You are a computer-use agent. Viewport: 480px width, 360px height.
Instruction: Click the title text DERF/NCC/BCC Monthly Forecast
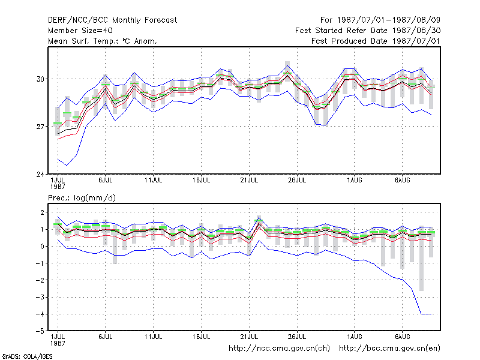pyautogui.click(x=112, y=20)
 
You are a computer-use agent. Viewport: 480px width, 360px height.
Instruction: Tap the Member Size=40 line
pyautogui.click(x=80, y=31)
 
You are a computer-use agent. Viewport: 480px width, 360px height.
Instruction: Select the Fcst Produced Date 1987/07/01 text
pyautogui.click(x=376, y=41)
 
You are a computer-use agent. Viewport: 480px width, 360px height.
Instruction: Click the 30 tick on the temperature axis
pyautogui.click(x=40, y=79)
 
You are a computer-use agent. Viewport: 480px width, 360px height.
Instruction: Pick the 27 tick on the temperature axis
pyautogui.click(x=40, y=127)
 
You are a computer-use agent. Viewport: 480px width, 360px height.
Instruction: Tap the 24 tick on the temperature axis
pyautogui.click(x=40, y=174)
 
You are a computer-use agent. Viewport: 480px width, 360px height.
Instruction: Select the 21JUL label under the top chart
pyautogui.click(x=249, y=181)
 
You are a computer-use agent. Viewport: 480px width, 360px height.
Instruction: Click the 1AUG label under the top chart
pyautogui.click(x=355, y=181)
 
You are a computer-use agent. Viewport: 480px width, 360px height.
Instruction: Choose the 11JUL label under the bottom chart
pyautogui.click(x=154, y=337)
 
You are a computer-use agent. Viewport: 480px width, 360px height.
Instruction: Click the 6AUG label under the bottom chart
pyautogui.click(x=402, y=337)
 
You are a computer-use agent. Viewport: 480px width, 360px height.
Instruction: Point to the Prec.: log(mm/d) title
pyautogui.click(x=82, y=198)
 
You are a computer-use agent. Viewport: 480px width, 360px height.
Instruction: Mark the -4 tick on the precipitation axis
pyautogui.click(x=40, y=314)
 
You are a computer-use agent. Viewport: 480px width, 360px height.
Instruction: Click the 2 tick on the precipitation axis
pyautogui.click(x=42, y=212)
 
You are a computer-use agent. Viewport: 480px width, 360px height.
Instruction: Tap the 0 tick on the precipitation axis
pyautogui.click(x=42, y=246)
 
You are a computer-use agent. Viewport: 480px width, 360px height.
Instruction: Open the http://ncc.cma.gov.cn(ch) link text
pyautogui.click(x=279, y=349)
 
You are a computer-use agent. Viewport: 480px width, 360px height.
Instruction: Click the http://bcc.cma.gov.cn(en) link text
pyautogui.click(x=389, y=349)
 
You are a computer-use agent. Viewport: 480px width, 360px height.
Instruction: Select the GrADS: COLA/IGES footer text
pyautogui.click(x=27, y=356)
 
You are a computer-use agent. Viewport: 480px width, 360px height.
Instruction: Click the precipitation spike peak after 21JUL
pyautogui.click(x=259, y=217)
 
